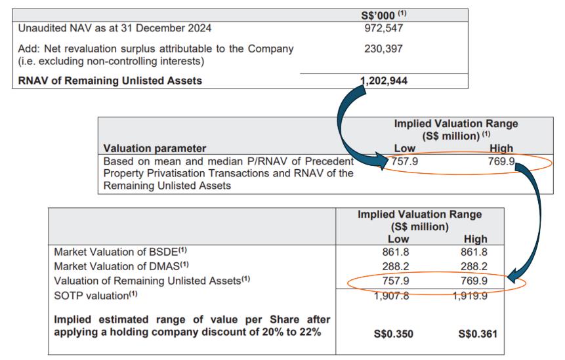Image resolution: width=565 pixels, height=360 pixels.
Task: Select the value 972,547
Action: click(x=383, y=28)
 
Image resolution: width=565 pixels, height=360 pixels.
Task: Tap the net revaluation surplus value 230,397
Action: click(x=383, y=49)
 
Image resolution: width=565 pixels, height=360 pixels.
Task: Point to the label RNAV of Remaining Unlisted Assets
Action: click(x=110, y=81)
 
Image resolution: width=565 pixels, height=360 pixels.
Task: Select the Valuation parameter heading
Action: click(x=155, y=148)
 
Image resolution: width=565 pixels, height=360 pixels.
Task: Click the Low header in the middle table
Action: click(x=405, y=148)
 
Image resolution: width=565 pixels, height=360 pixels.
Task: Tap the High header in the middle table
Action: click(x=501, y=148)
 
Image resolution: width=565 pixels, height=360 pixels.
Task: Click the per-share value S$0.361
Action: click(x=477, y=333)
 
